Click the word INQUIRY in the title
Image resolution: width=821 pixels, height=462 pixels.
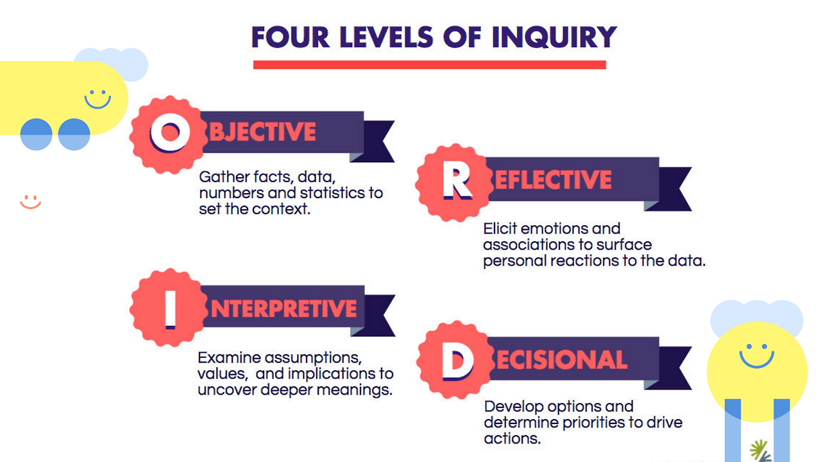click(x=554, y=37)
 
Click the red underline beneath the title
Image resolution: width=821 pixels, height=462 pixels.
click(x=429, y=65)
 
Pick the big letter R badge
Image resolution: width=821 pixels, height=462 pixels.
click(x=455, y=180)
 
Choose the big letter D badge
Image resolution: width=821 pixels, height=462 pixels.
click(x=456, y=360)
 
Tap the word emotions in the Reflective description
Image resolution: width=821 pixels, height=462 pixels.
click(x=586, y=228)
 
